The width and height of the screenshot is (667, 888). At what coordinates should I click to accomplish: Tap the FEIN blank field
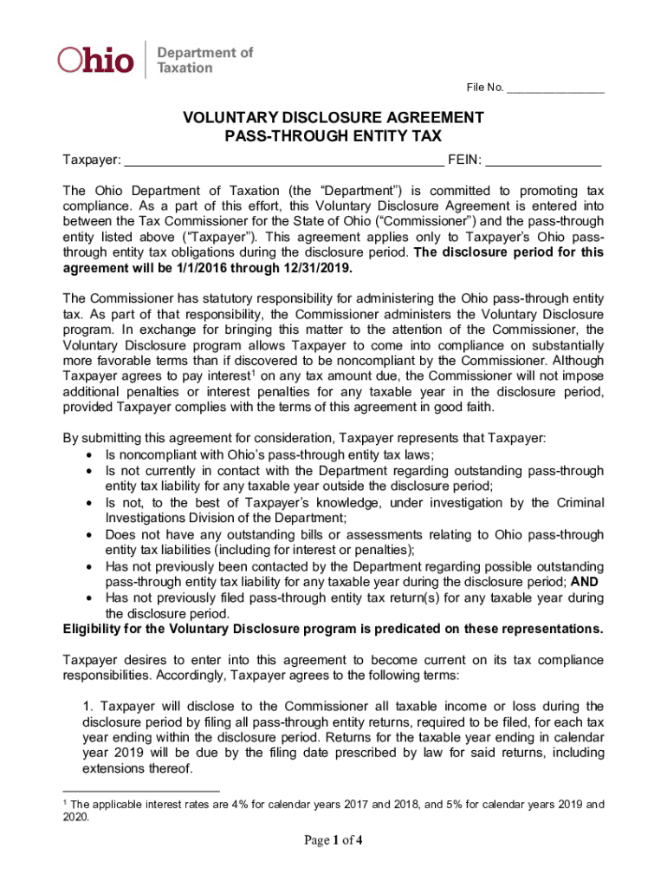[543, 160]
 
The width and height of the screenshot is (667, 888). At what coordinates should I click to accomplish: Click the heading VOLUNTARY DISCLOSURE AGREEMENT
[333, 118]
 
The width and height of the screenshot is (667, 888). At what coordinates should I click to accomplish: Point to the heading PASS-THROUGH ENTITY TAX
[333, 136]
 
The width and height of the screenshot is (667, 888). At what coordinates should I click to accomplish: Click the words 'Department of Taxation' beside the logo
[204, 60]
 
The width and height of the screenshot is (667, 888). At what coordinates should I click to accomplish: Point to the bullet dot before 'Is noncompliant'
[91, 455]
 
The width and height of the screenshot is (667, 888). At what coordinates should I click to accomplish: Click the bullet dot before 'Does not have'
[91, 534]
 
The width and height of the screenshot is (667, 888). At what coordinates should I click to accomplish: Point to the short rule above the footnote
[142, 790]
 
